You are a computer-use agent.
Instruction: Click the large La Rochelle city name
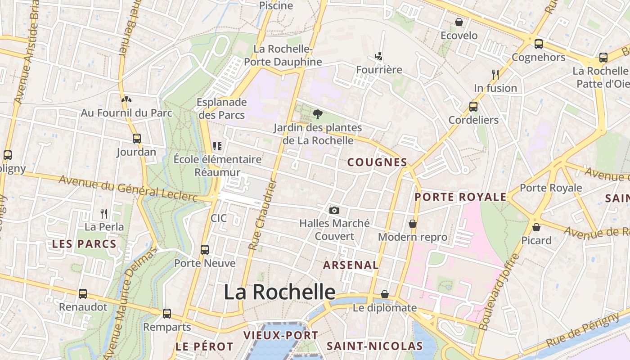(x=279, y=292)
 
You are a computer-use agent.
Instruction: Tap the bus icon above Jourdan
(x=137, y=139)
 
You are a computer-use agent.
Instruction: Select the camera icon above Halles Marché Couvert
(x=334, y=210)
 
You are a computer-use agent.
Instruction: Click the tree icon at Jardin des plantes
(x=318, y=114)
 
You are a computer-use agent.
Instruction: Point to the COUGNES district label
(x=377, y=162)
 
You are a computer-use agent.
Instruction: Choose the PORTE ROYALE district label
(x=460, y=197)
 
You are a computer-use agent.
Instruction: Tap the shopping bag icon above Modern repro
(x=412, y=224)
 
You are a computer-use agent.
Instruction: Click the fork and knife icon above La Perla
(x=104, y=213)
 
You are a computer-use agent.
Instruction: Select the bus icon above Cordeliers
(x=473, y=107)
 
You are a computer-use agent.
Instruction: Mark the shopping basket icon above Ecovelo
(x=459, y=22)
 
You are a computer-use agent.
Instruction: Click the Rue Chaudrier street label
(x=262, y=214)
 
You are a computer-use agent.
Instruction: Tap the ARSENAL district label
(x=351, y=265)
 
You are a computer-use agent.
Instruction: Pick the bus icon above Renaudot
(x=83, y=294)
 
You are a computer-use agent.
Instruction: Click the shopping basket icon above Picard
(x=536, y=227)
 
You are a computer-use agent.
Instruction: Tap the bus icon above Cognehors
(x=538, y=44)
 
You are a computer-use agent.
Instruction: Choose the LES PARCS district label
(x=84, y=244)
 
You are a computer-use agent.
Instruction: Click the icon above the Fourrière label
(x=379, y=56)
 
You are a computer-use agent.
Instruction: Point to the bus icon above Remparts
(x=167, y=314)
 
